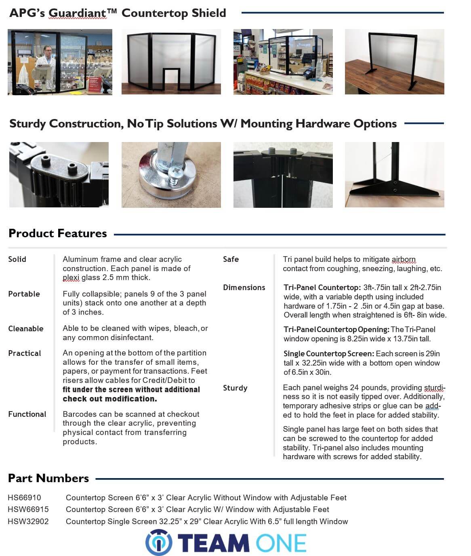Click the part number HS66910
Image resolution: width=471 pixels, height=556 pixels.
[x=24, y=497]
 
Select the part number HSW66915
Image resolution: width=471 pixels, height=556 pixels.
[x=28, y=509]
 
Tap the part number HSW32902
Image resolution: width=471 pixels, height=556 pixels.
[x=28, y=521]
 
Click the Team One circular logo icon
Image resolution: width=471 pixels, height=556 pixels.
[x=159, y=542]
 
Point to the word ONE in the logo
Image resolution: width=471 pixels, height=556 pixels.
[x=281, y=543]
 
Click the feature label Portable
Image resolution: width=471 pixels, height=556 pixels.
[x=24, y=294]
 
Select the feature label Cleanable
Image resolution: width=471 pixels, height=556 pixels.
[x=25, y=328]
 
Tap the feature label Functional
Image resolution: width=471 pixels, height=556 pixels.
[x=27, y=414]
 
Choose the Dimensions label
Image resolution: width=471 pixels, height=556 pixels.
[x=244, y=287]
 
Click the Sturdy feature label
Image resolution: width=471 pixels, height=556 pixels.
[x=235, y=388]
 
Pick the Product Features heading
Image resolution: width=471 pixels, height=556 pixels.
[x=57, y=233]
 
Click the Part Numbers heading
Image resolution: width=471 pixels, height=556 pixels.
[x=48, y=478]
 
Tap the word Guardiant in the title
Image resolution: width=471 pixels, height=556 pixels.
[x=77, y=13]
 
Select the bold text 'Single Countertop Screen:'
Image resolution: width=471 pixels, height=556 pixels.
[x=328, y=353]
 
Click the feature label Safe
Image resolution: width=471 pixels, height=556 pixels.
[x=231, y=259]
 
